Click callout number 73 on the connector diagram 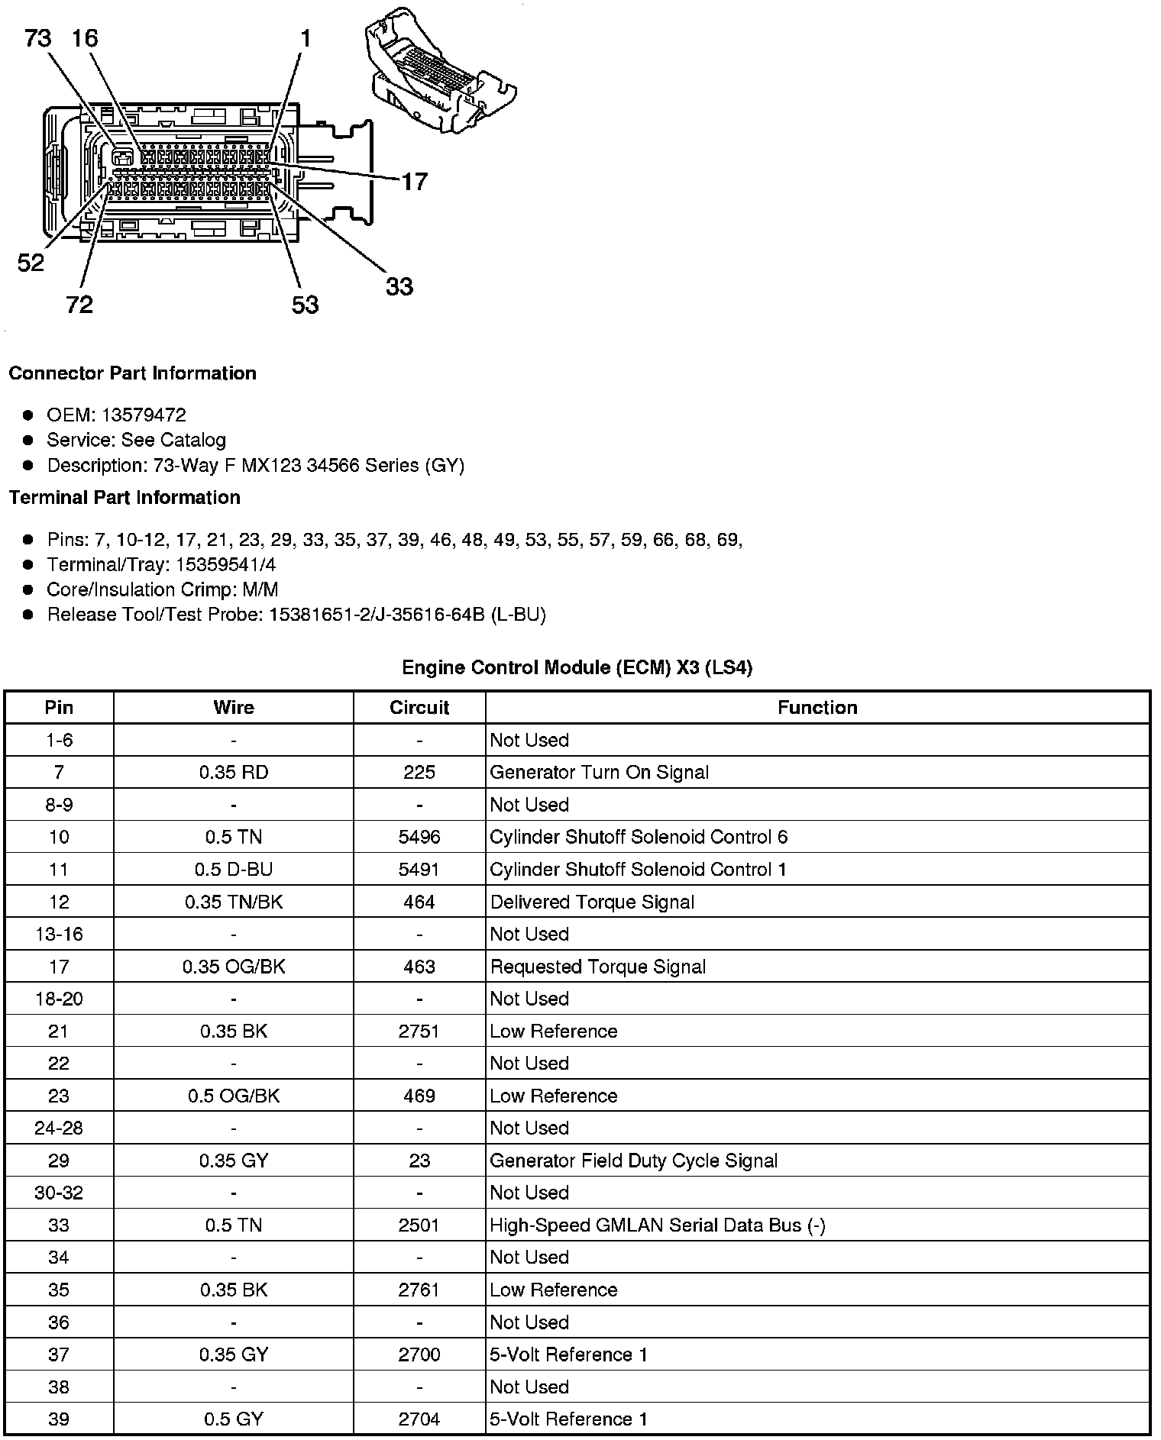click(38, 37)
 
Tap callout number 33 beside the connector click(399, 286)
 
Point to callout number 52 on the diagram click(31, 263)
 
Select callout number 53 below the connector click(305, 305)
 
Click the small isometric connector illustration click(441, 73)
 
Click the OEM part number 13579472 click(144, 415)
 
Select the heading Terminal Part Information click(125, 497)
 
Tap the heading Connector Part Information click(132, 373)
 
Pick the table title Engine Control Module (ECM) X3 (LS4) click(577, 667)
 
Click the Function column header click(817, 707)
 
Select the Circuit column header click(419, 707)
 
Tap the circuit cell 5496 click(419, 837)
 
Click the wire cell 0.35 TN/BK click(234, 902)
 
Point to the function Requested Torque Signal click(598, 967)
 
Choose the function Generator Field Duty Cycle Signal click(633, 1161)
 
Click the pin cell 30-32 click(59, 1193)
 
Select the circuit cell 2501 click(419, 1225)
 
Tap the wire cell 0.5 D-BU click(234, 869)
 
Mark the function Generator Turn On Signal click(599, 772)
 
